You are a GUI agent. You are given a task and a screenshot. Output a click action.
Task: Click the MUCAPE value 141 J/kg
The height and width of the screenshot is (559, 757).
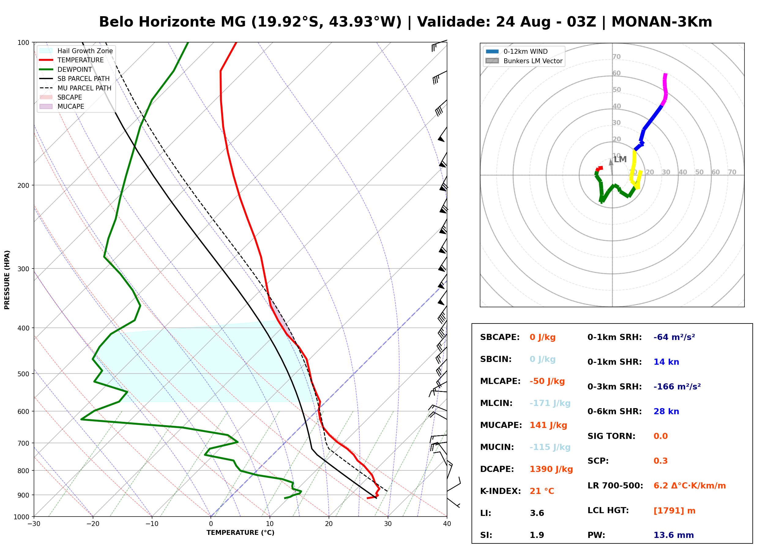pyautogui.click(x=548, y=425)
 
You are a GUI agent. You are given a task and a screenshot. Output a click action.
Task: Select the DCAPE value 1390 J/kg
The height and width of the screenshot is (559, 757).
pyautogui.click(x=551, y=469)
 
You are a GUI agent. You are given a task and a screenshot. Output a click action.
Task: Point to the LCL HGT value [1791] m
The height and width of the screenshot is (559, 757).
pyautogui.click(x=674, y=511)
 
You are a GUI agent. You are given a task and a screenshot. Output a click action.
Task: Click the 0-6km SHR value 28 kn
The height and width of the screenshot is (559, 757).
pyautogui.click(x=666, y=411)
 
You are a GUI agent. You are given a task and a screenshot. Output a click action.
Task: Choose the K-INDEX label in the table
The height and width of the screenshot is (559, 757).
pyautogui.click(x=501, y=491)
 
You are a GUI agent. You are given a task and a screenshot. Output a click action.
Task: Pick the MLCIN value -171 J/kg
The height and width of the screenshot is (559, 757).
pyautogui.click(x=550, y=403)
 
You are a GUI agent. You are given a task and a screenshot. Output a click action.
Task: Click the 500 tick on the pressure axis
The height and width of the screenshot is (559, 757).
pyautogui.click(x=23, y=374)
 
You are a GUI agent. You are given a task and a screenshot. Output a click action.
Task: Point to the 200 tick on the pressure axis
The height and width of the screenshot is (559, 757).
pyautogui.click(x=23, y=185)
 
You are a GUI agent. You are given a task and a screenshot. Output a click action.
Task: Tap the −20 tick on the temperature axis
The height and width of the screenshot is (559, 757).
pyautogui.click(x=92, y=524)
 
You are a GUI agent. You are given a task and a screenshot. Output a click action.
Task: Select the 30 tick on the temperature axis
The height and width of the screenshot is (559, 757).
pyautogui.click(x=388, y=524)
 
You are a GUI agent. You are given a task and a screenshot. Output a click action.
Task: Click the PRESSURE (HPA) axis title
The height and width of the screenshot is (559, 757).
pyautogui.click(x=7, y=280)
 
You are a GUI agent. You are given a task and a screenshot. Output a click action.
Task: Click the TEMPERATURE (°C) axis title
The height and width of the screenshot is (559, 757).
pyautogui.click(x=240, y=533)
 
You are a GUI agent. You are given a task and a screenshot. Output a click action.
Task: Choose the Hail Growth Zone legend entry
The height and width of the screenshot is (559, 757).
pyautogui.click(x=76, y=51)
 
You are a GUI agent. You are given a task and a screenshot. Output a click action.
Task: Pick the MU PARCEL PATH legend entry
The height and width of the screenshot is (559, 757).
pyautogui.click(x=76, y=88)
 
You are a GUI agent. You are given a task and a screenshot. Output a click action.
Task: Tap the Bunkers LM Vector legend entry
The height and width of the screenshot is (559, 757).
pyautogui.click(x=524, y=61)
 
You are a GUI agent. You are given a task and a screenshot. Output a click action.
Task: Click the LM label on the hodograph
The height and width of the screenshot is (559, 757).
pyautogui.click(x=620, y=159)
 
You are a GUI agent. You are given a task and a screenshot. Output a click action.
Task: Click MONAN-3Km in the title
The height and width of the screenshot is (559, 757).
pyautogui.click(x=662, y=22)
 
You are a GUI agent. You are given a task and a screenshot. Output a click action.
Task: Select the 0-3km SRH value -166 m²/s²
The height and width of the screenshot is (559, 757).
pyautogui.click(x=677, y=386)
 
